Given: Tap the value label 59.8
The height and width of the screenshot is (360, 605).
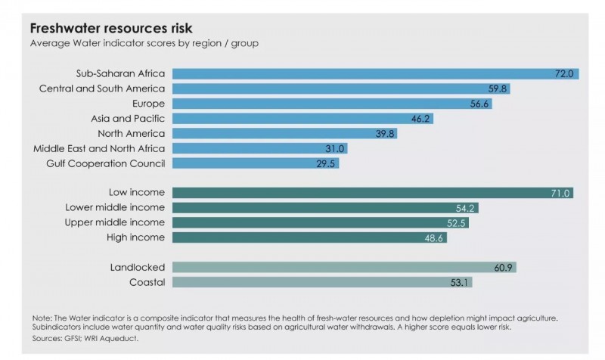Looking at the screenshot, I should click(x=499, y=88).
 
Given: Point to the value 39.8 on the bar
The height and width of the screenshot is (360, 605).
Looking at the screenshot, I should click(x=385, y=133).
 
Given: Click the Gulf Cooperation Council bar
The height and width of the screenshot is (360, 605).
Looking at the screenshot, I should click(x=250, y=163).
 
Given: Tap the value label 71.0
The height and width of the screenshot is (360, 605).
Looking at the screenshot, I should click(x=560, y=193).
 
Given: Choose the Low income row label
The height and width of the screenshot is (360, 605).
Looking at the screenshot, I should click(x=137, y=193).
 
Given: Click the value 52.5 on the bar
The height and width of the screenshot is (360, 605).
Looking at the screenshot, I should click(x=458, y=223).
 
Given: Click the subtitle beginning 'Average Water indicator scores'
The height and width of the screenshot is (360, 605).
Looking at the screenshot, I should click(x=144, y=43).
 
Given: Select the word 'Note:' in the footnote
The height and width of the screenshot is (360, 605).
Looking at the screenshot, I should click(x=42, y=318).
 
